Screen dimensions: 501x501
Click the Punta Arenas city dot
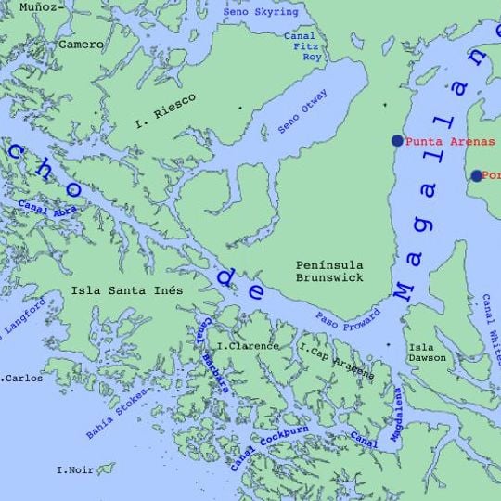click(397, 141)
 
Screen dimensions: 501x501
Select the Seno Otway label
click(302, 116)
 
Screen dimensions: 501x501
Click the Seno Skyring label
click(266, 12)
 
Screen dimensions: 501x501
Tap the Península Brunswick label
click(329, 270)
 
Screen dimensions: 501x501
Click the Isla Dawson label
click(428, 353)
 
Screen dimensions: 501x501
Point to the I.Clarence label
click(246, 346)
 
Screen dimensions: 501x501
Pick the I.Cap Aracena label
click(337, 360)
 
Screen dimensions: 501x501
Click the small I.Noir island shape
click(106, 469)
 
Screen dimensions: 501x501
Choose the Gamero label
click(81, 44)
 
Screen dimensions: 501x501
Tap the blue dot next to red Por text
click(476, 175)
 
